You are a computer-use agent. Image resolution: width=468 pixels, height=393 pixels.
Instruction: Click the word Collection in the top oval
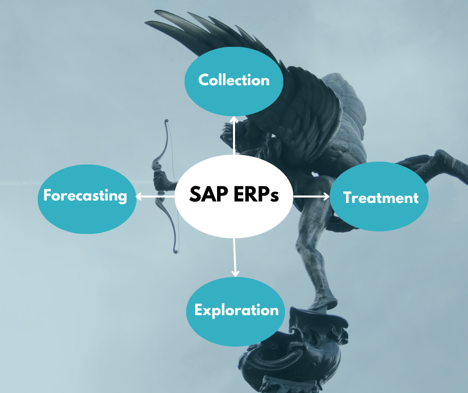click(234, 80)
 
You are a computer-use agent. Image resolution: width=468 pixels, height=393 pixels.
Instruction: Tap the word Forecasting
click(85, 196)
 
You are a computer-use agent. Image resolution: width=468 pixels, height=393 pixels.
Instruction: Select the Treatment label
click(380, 197)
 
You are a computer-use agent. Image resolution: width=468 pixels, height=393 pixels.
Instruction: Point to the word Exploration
click(236, 310)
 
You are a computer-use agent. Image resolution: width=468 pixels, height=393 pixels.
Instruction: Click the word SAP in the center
click(208, 194)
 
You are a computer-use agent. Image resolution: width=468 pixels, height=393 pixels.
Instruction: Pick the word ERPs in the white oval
click(256, 195)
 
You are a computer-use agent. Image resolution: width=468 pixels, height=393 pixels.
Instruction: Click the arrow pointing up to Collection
click(234, 136)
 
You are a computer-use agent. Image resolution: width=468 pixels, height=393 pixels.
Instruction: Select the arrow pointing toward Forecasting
click(155, 196)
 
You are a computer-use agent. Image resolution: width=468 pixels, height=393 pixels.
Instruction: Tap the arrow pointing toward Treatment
click(311, 196)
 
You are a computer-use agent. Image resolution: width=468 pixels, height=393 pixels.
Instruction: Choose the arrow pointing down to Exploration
click(235, 257)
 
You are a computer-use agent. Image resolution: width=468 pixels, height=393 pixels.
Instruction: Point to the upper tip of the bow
click(166, 121)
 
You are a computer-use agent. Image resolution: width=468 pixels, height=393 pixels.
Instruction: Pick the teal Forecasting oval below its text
click(87, 218)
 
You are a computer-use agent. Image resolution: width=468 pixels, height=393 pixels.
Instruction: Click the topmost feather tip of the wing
click(156, 11)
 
